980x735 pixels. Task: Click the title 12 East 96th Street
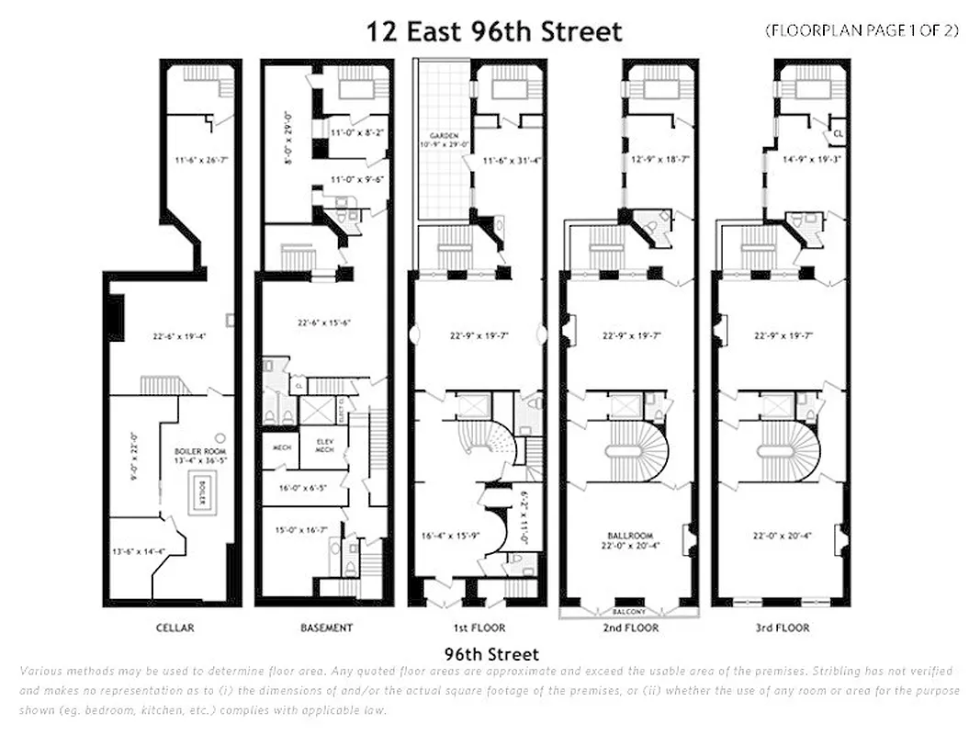(494, 32)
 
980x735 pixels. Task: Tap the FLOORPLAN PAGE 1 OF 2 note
(862, 30)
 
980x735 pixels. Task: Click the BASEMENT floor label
(326, 628)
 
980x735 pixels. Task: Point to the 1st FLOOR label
(477, 628)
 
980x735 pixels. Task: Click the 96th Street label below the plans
(491, 655)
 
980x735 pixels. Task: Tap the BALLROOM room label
(629, 535)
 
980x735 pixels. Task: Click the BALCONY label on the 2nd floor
(629, 611)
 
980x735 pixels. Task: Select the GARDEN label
(444, 135)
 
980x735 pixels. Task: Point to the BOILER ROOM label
(194, 451)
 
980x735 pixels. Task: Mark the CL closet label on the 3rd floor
(839, 132)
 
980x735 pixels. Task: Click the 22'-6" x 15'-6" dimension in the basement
(323, 322)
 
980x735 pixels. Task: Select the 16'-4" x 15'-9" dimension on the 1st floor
(445, 534)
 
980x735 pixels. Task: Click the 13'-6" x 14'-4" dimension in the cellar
(139, 551)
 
